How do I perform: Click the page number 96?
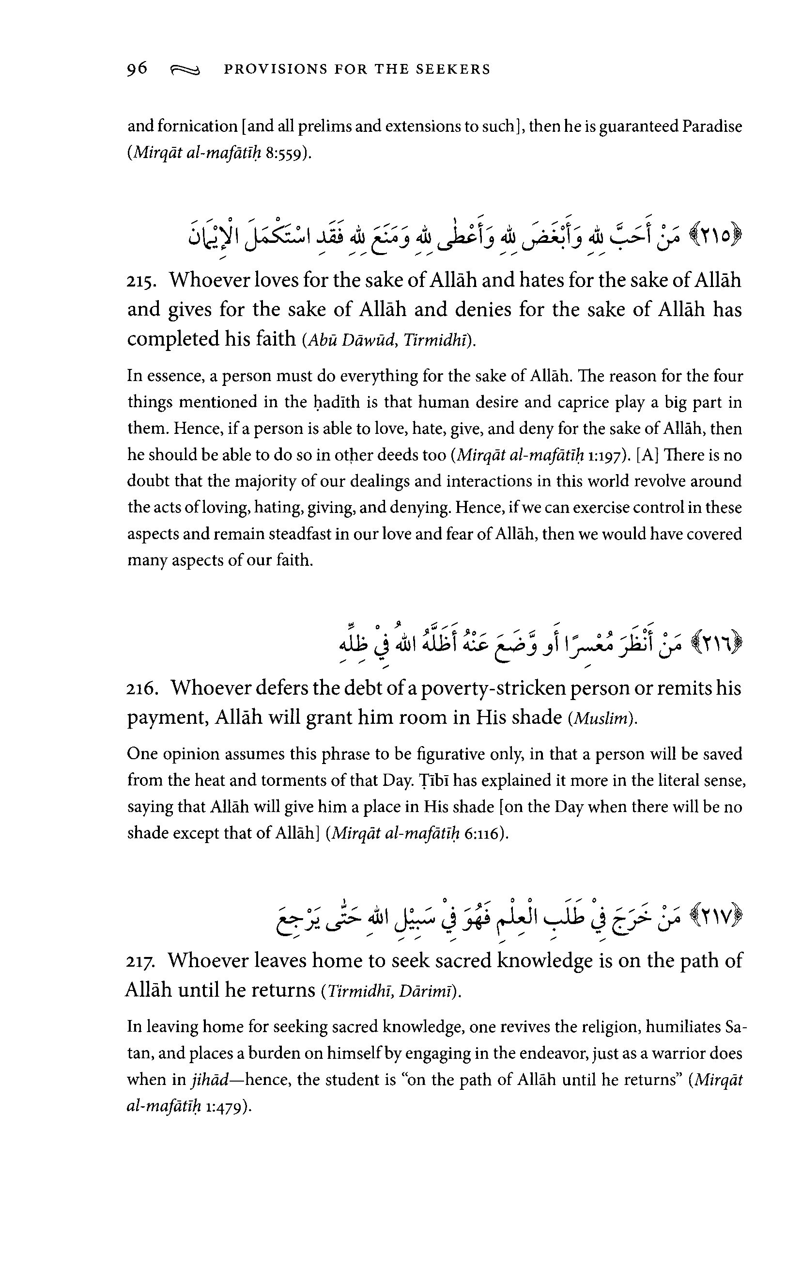(x=137, y=69)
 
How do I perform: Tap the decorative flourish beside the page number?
(x=185, y=70)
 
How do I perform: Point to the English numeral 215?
(x=141, y=281)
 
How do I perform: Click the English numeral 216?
(x=142, y=689)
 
